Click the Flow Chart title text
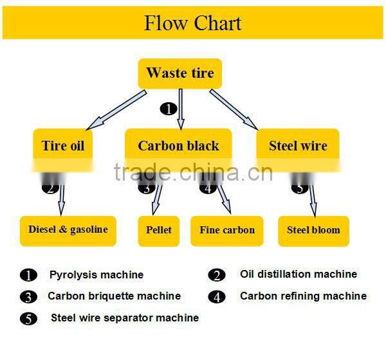point(192,23)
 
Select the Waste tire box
point(180,73)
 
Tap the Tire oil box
point(63,145)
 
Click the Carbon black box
point(178,145)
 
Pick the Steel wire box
point(298,145)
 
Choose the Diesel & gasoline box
point(68,230)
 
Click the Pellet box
point(159,230)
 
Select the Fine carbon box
point(227,230)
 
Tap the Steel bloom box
point(313,230)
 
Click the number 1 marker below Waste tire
point(168,109)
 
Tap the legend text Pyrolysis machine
point(96,275)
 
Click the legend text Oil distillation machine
point(299,274)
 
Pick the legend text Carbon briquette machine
point(114,296)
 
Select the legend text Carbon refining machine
point(303,296)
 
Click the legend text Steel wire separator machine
point(125,318)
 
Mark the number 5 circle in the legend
point(29,319)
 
